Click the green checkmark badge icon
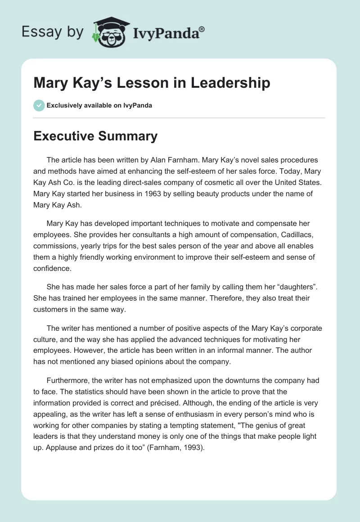(39, 105)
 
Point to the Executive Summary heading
(95, 136)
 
